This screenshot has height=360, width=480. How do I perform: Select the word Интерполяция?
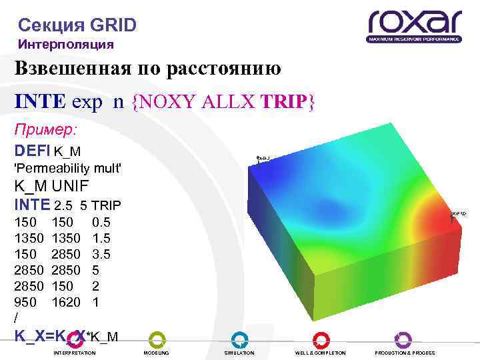pyautogui.click(x=66, y=45)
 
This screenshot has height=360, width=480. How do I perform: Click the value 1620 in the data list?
pyautogui.click(x=66, y=303)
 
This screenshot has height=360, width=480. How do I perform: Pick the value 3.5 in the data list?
pyautogui.click(x=101, y=255)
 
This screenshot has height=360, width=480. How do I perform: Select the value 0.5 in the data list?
pyautogui.click(x=101, y=223)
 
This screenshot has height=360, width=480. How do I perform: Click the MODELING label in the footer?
pyautogui.click(x=157, y=352)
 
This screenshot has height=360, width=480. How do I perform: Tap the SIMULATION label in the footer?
pyautogui.click(x=239, y=352)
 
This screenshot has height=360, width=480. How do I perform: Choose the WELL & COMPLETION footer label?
pyautogui.click(x=321, y=352)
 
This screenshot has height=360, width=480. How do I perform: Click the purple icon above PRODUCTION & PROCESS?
pyautogui.click(x=403, y=339)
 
